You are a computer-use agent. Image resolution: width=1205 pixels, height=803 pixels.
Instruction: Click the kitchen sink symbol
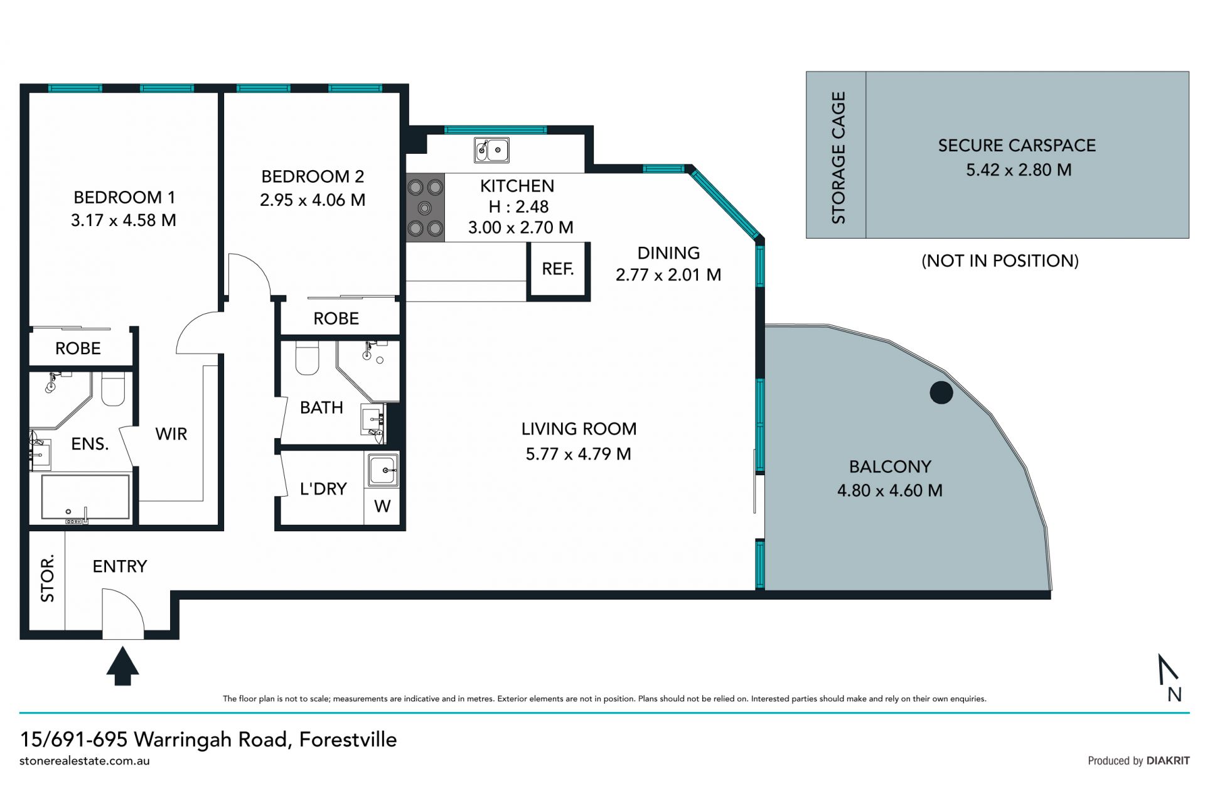tap(491, 150)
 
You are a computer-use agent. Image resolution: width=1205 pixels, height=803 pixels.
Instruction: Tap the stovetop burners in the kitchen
tap(426, 208)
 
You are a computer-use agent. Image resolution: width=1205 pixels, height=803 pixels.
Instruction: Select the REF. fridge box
tap(558, 269)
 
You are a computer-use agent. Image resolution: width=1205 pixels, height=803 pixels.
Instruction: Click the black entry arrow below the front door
tap(122, 666)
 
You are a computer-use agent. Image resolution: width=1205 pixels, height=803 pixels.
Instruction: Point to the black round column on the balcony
tap(941, 393)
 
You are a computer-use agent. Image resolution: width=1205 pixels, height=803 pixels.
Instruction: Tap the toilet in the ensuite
tap(113, 389)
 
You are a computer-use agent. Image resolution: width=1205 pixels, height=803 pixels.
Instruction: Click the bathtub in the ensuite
tap(85, 497)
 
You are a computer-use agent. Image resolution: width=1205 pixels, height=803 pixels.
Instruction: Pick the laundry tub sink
tap(382, 469)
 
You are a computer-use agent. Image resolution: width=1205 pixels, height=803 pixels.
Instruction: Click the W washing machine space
tap(382, 506)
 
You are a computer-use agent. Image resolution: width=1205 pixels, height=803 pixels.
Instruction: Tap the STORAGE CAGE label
tap(838, 158)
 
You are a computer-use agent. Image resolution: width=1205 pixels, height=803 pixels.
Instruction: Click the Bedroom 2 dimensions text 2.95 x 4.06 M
tap(313, 200)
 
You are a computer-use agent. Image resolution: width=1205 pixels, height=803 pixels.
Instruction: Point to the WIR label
tap(171, 434)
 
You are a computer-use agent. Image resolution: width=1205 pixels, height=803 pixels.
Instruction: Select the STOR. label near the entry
tap(48, 578)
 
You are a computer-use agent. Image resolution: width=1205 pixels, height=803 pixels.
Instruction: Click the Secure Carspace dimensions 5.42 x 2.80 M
tap(1019, 170)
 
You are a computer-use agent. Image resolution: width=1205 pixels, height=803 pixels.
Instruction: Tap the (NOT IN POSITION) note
tap(1000, 261)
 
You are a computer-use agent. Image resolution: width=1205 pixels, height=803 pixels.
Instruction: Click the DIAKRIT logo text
tap(1168, 761)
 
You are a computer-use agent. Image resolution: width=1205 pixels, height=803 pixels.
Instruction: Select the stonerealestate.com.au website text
tap(85, 761)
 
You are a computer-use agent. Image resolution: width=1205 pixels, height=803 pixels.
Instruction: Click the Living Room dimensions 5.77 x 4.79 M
tap(579, 454)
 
